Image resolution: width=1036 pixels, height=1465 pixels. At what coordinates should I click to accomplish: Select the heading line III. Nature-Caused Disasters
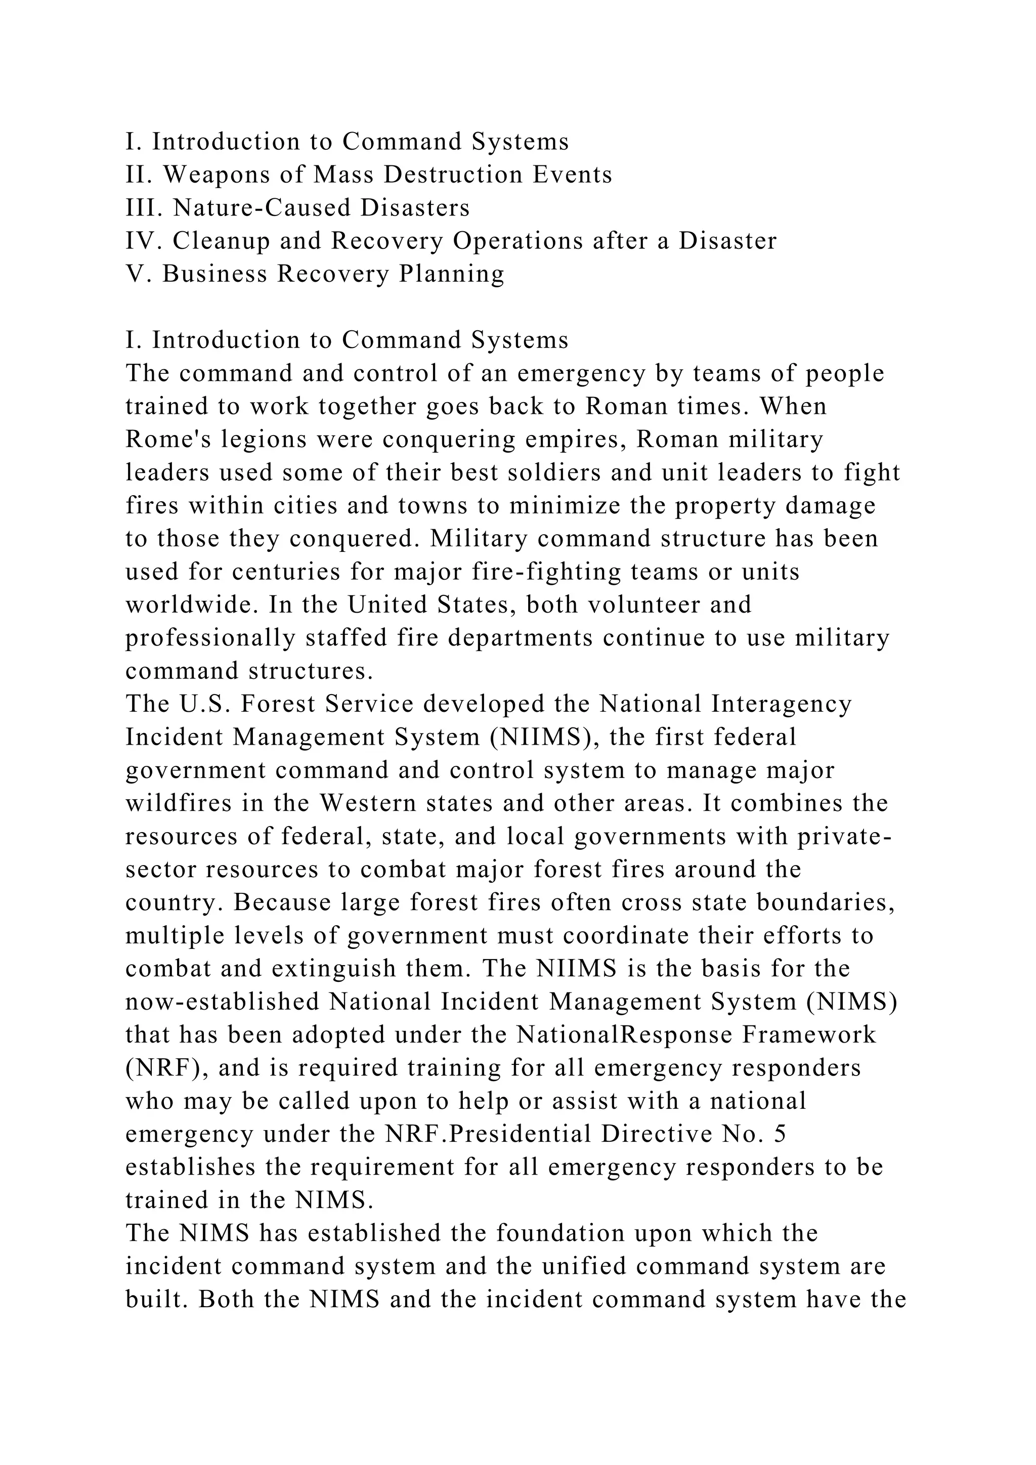tap(297, 208)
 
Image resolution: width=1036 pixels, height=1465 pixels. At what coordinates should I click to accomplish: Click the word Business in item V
tap(213, 274)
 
